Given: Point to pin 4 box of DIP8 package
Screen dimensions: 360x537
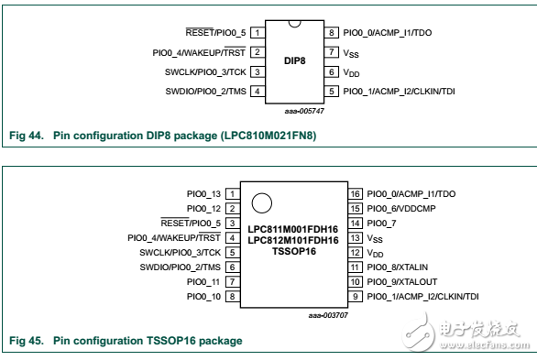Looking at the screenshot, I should tap(258, 91).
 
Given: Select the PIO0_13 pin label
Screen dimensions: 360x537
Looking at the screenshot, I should tap(203, 193).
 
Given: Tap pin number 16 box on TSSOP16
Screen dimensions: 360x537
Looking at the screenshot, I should tap(356, 193).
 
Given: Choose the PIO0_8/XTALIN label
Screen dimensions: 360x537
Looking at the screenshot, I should tap(396, 267).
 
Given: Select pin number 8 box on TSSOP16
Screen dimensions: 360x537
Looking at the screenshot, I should tap(234, 296).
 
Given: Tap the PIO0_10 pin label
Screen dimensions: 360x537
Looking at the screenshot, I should tap(203, 296).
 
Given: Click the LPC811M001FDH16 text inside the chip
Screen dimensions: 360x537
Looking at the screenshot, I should tap(293, 225).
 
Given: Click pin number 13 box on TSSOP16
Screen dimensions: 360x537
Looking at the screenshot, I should tap(356, 237).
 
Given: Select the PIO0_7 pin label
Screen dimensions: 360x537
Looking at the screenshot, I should tap(382, 223).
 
